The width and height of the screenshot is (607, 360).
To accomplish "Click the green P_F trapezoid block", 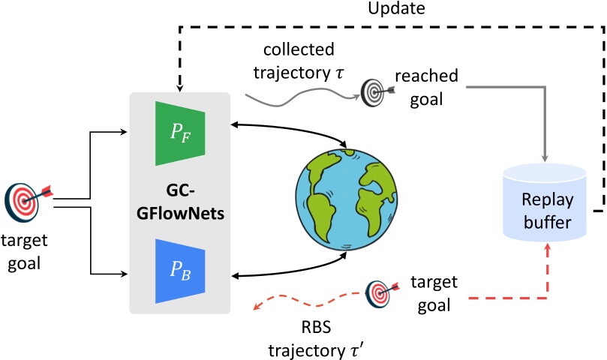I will coord(179,135).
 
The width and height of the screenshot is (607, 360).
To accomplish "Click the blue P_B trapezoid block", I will coord(179,269).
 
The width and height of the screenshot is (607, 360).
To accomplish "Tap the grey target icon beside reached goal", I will coord(374,92).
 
